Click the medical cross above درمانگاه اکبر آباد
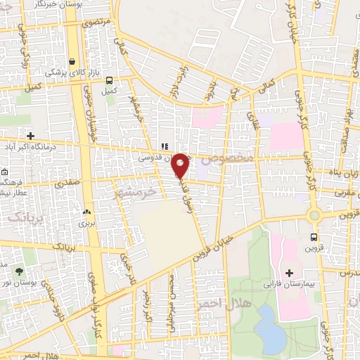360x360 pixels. [30, 136]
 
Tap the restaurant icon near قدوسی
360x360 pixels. [164, 146]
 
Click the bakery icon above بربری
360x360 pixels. [87, 212]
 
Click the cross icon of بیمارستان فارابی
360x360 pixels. [290, 271]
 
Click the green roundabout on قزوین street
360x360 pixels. [314, 215]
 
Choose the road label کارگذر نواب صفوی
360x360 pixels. [101, 310]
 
